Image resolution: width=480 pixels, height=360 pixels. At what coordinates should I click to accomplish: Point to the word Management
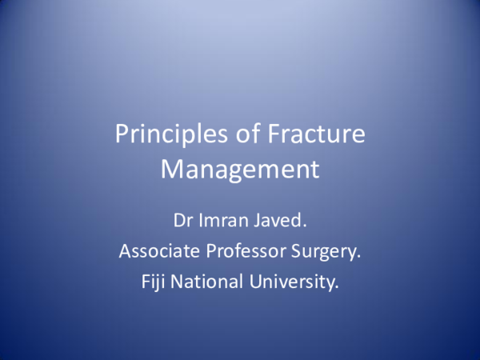[240, 170]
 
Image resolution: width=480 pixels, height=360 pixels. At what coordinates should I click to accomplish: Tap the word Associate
[158, 251]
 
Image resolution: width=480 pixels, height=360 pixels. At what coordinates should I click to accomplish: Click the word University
[290, 282]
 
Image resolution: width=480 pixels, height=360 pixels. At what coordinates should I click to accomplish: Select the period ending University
[338, 287]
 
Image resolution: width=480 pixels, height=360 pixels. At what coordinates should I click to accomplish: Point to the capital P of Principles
[122, 134]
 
